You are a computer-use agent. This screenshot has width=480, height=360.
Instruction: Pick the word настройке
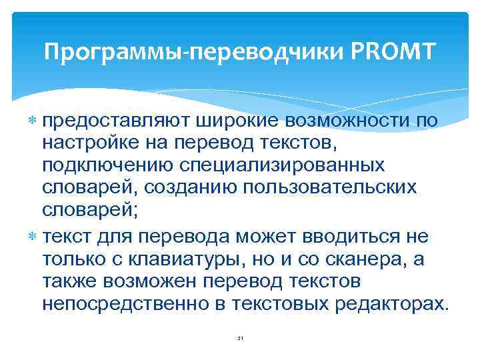[88, 143]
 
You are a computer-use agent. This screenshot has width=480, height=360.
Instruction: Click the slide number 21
[240, 339]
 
